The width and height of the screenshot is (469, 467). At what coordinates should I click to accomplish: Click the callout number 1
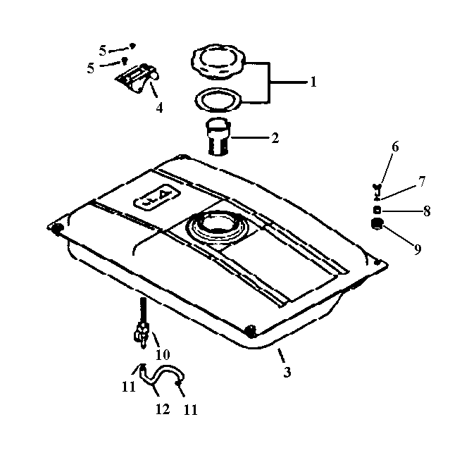click(313, 82)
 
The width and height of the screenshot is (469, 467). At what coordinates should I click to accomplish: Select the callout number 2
click(275, 138)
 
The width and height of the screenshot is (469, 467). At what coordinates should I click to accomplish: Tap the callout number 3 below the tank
click(287, 372)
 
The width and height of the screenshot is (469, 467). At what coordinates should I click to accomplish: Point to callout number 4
click(159, 108)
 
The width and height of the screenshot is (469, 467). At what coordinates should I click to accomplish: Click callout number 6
click(395, 147)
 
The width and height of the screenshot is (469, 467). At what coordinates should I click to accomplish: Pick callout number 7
click(422, 182)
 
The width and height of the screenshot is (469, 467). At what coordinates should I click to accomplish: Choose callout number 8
click(427, 211)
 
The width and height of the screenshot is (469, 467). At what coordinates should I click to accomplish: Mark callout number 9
click(418, 249)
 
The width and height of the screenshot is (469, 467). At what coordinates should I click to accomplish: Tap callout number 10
click(163, 355)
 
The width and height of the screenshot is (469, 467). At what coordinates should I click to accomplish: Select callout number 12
click(163, 409)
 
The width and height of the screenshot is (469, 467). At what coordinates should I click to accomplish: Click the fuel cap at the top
click(218, 61)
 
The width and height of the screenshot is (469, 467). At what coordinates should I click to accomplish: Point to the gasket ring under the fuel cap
click(218, 99)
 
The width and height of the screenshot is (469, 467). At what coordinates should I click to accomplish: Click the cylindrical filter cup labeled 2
click(218, 137)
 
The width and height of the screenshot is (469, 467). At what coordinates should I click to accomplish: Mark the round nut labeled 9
click(377, 224)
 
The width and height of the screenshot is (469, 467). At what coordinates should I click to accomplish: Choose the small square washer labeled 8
click(377, 211)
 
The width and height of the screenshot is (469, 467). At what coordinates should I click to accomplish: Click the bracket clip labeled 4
click(137, 77)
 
